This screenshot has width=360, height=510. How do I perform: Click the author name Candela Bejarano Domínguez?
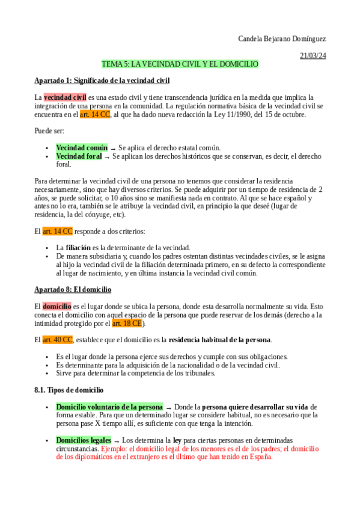click(x=281, y=39)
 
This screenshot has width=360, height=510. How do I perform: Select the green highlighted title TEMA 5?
click(x=180, y=64)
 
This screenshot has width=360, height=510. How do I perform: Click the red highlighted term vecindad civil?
click(x=65, y=97)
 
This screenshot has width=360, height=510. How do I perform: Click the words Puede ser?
click(x=49, y=131)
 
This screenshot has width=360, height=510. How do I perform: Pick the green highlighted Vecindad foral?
click(x=79, y=156)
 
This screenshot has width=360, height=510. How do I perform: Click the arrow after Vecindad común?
click(x=112, y=148)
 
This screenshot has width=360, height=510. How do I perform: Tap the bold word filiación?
click(x=78, y=247)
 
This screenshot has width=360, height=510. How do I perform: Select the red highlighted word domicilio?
click(x=57, y=306)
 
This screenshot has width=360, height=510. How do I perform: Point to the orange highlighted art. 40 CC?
click(x=57, y=340)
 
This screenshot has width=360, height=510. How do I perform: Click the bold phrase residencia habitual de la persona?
click(x=220, y=340)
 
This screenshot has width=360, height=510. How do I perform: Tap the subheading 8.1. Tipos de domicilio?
click(x=69, y=390)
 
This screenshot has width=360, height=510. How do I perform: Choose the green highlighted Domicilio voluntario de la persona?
click(x=109, y=407)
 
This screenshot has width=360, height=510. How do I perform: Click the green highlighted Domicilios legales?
click(x=83, y=440)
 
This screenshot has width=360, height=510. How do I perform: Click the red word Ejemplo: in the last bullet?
click(x=115, y=449)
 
